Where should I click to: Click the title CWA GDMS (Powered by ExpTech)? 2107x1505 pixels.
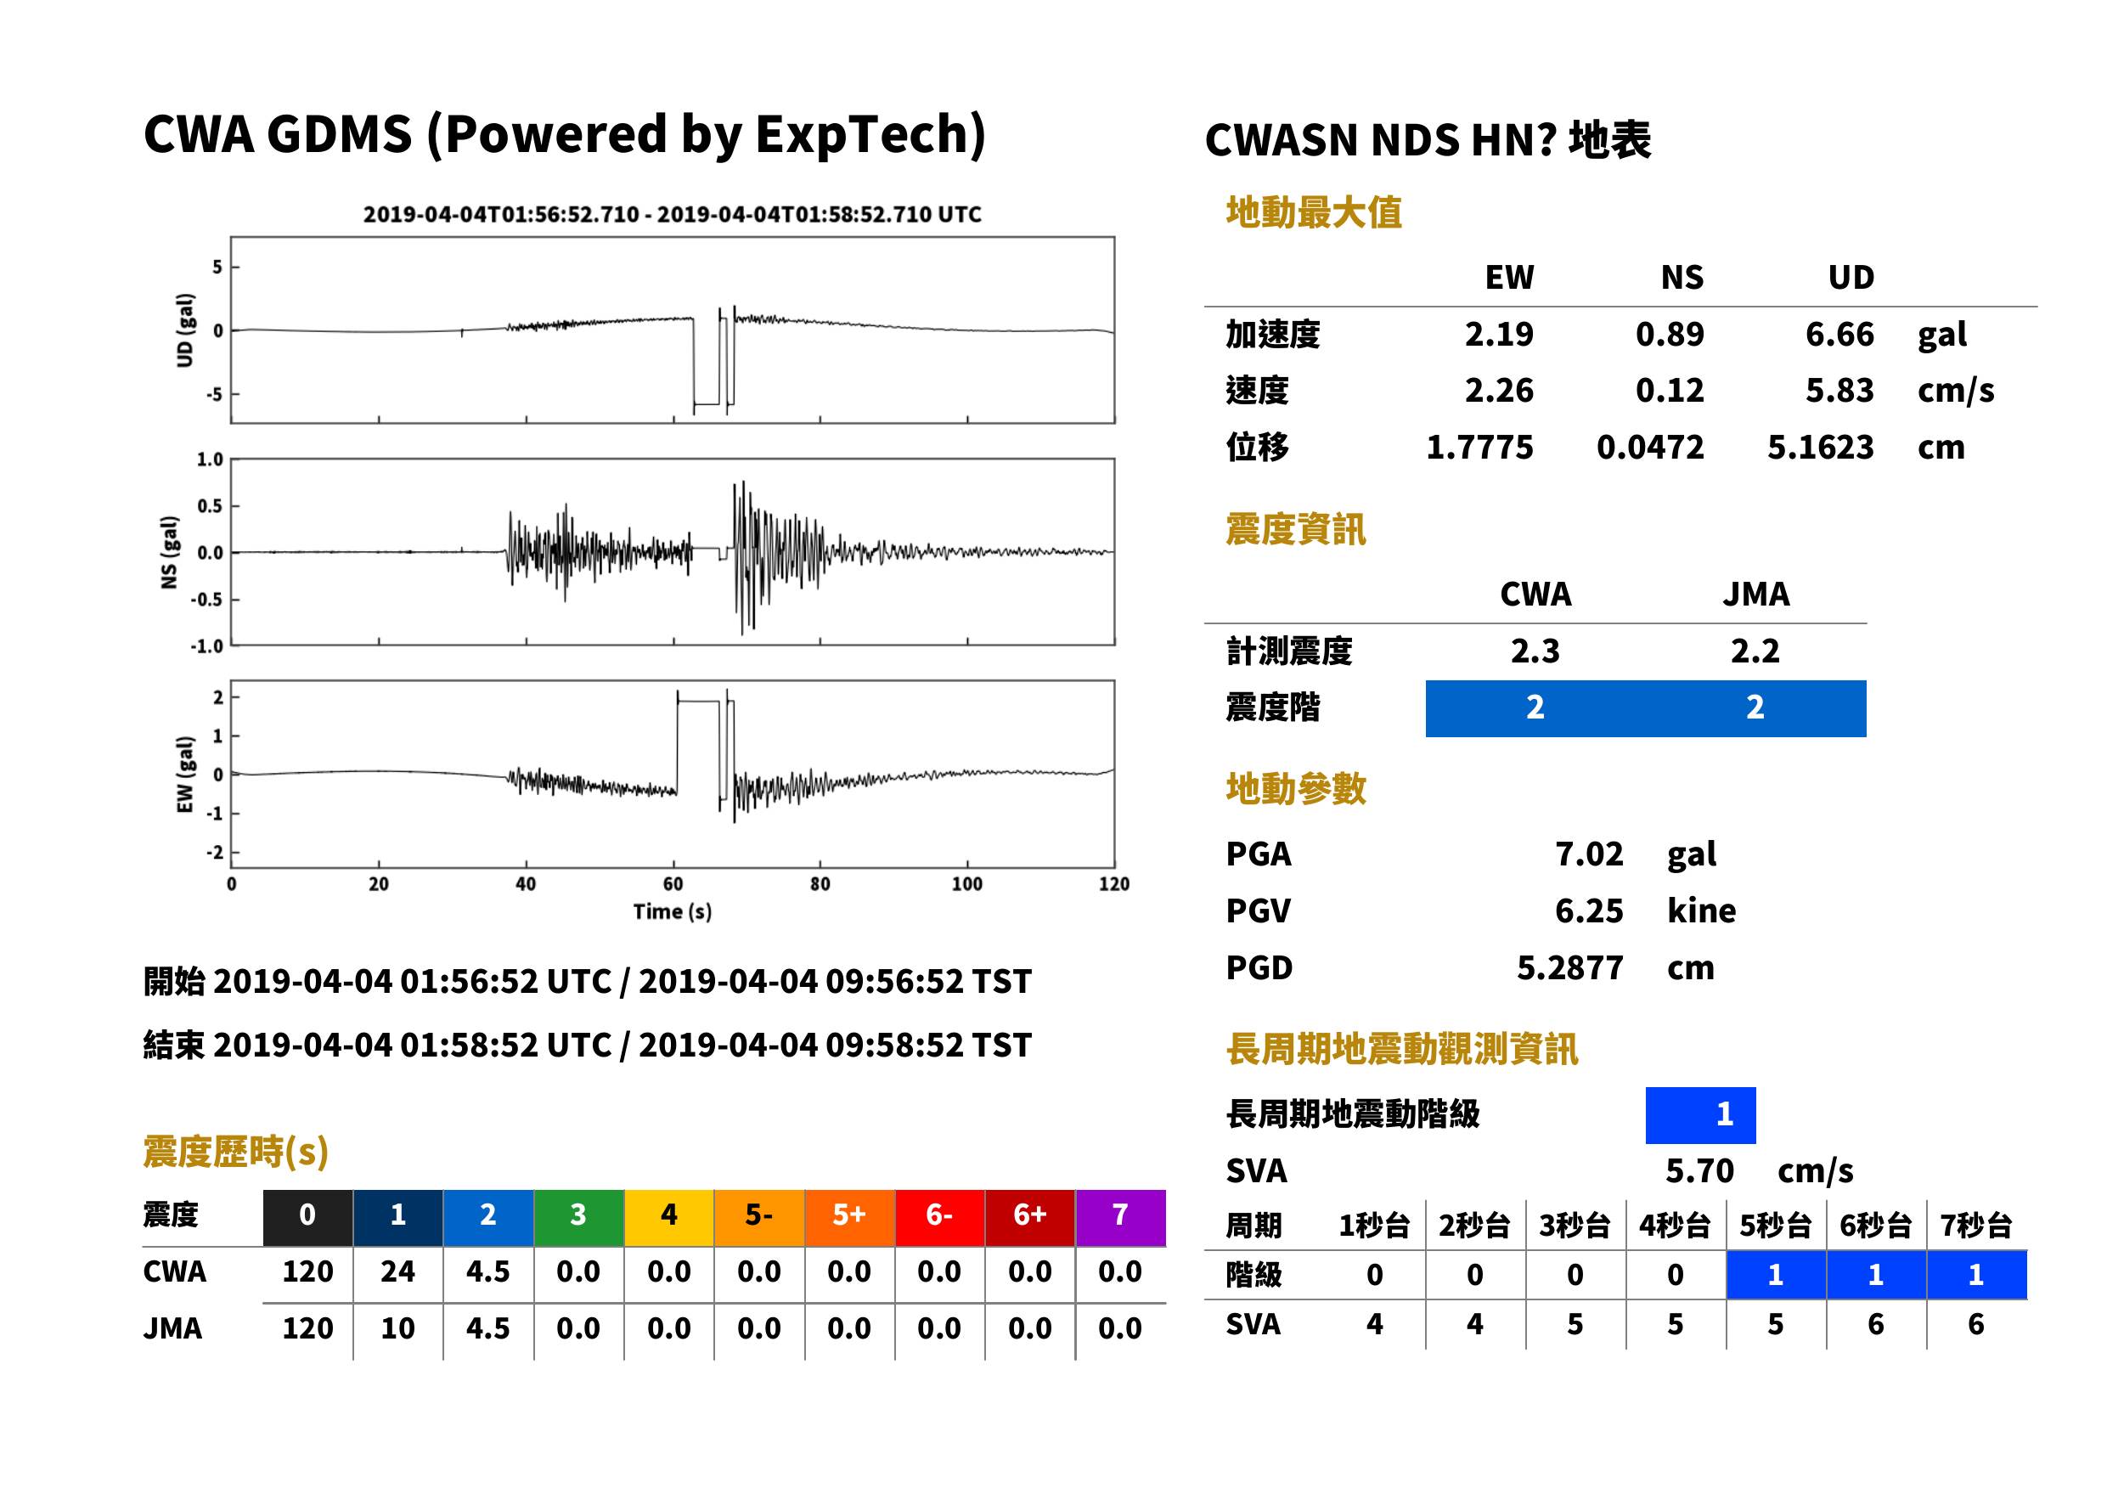pyautogui.click(x=564, y=134)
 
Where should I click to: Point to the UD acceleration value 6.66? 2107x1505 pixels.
pyautogui.click(x=1839, y=335)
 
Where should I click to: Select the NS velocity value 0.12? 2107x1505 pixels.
pyautogui.click(x=1669, y=391)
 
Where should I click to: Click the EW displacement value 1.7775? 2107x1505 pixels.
pyautogui.click(x=1479, y=448)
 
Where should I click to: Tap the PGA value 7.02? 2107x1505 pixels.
pyautogui.click(x=1589, y=854)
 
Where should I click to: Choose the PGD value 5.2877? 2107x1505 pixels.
pyautogui.click(x=1569, y=968)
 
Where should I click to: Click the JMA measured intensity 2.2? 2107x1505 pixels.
pyautogui.click(x=1755, y=651)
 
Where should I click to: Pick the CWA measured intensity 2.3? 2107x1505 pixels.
pyautogui.click(x=1535, y=651)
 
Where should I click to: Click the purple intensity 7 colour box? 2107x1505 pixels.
pyautogui.click(x=1120, y=1218)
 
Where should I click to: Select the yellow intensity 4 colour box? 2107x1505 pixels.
pyautogui.click(x=669, y=1218)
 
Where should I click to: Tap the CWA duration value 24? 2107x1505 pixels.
pyautogui.click(x=397, y=1272)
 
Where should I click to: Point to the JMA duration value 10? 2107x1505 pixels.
pyautogui.click(x=397, y=1329)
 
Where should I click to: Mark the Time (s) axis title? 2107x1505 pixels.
pyautogui.click(x=673, y=912)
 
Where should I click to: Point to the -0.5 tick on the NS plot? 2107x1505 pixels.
pyautogui.click(x=207, y=600)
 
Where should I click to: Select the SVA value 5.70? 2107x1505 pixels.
pyautogui.click(x=1699, y=1171)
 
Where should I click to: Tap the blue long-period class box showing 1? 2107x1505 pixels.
pyautogui.click(x=1700, y=1115)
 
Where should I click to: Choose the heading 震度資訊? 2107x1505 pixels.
pyautogui.click(x=1295, y=530)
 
